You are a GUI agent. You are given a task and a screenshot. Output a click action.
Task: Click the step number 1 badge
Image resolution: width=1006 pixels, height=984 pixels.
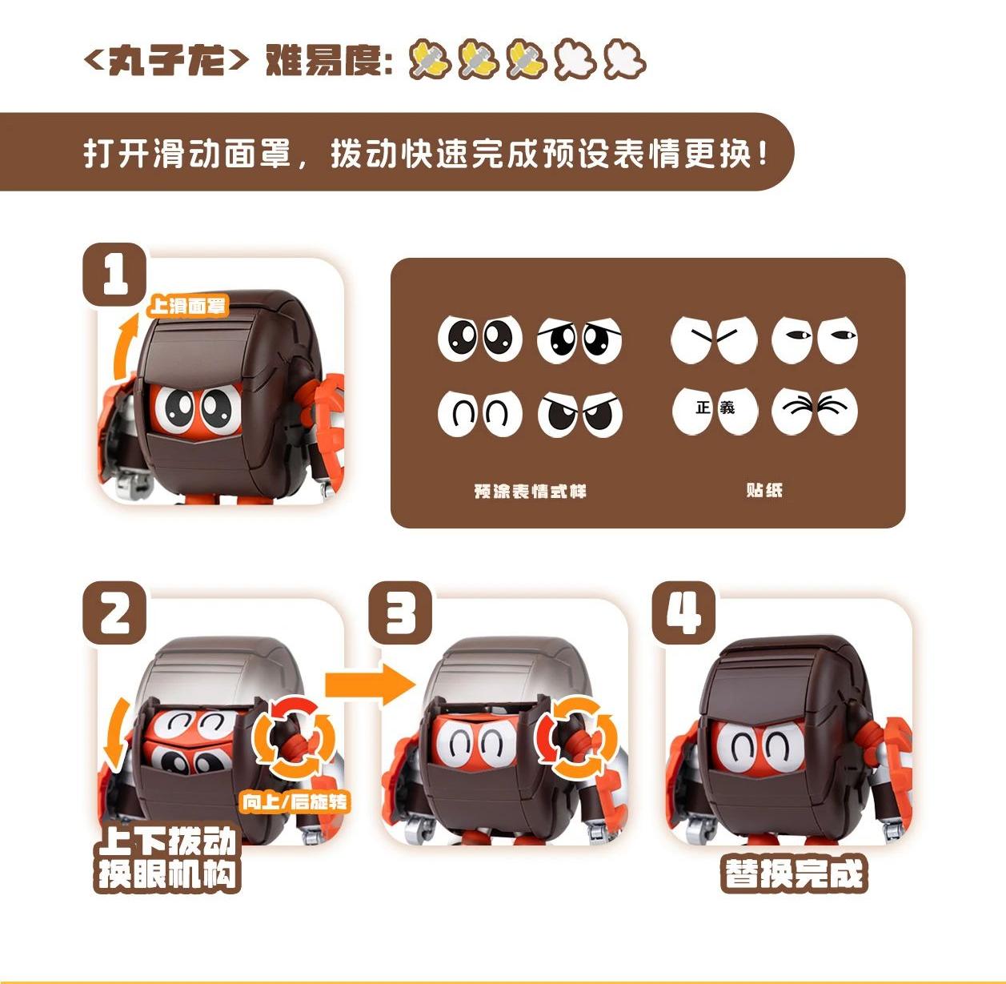tap(114, 275)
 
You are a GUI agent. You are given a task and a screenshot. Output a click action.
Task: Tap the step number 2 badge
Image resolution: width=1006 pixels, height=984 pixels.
tap(114, 612)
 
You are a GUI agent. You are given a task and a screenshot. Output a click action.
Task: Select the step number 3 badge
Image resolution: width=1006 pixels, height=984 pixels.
tap(399, 612)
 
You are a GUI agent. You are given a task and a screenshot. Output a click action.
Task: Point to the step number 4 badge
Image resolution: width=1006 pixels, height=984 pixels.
tap(683, 612)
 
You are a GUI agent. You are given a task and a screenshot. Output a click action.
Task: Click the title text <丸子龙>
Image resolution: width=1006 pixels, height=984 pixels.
tap(166, 60)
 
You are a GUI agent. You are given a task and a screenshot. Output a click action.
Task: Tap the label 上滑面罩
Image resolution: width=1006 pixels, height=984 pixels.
tap(188, 306)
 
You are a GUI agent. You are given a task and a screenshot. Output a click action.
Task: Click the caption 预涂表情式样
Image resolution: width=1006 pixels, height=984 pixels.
tap(530, 491)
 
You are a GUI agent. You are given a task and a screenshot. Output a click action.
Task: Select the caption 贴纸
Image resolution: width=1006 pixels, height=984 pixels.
tap(764, 490)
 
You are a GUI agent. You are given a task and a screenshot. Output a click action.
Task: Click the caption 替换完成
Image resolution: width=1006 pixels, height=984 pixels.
tap(794, 874)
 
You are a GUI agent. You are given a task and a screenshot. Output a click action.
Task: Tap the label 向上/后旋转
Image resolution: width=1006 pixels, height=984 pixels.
tap(295, 801)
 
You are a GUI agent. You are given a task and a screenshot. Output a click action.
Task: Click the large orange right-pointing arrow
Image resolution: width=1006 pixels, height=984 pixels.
tap(370, 685)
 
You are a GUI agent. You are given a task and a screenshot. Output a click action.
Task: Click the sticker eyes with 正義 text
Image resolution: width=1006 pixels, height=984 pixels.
tap(715, 410)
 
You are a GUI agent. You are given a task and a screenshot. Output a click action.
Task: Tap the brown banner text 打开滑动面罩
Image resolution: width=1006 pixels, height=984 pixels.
tap(188, 152)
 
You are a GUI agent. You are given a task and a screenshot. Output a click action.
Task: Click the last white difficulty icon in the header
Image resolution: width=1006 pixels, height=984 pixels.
tap(624, 60)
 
